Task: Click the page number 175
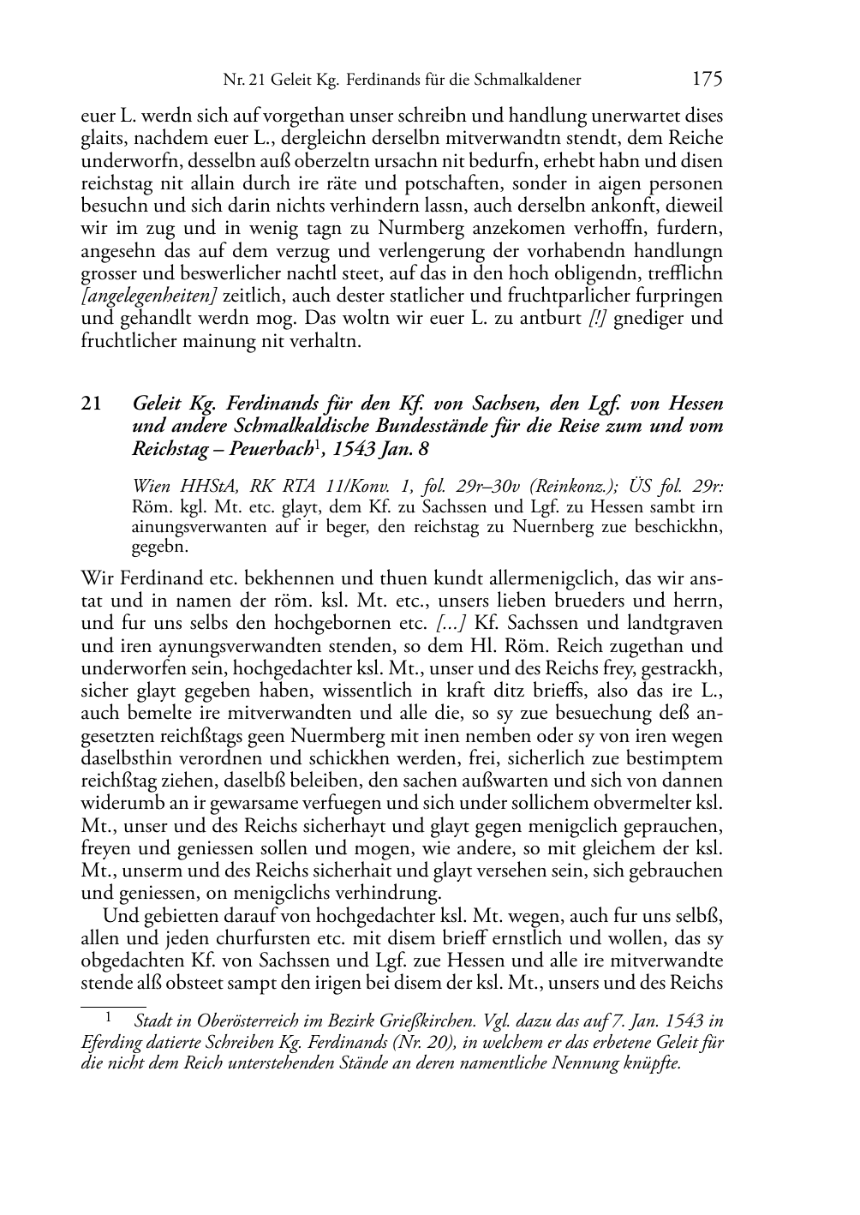(x=707, y=79)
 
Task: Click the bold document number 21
(x=92, y=403)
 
